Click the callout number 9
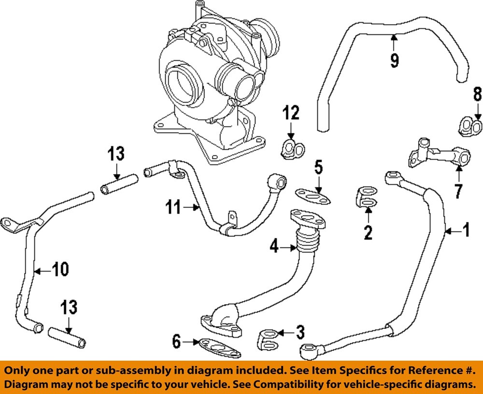point(394,60)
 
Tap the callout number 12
point(291,113)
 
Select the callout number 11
point(173,207)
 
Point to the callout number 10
point(60,269)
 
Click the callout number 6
point(176,342)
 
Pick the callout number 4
point(274,247)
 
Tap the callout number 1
point(467,230)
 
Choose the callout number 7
point(458,191)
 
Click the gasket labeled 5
point(313,196)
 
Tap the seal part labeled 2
point(367,197)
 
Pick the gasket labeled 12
point(293,149)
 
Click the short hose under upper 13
point(119,184)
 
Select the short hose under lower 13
point(67,338)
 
